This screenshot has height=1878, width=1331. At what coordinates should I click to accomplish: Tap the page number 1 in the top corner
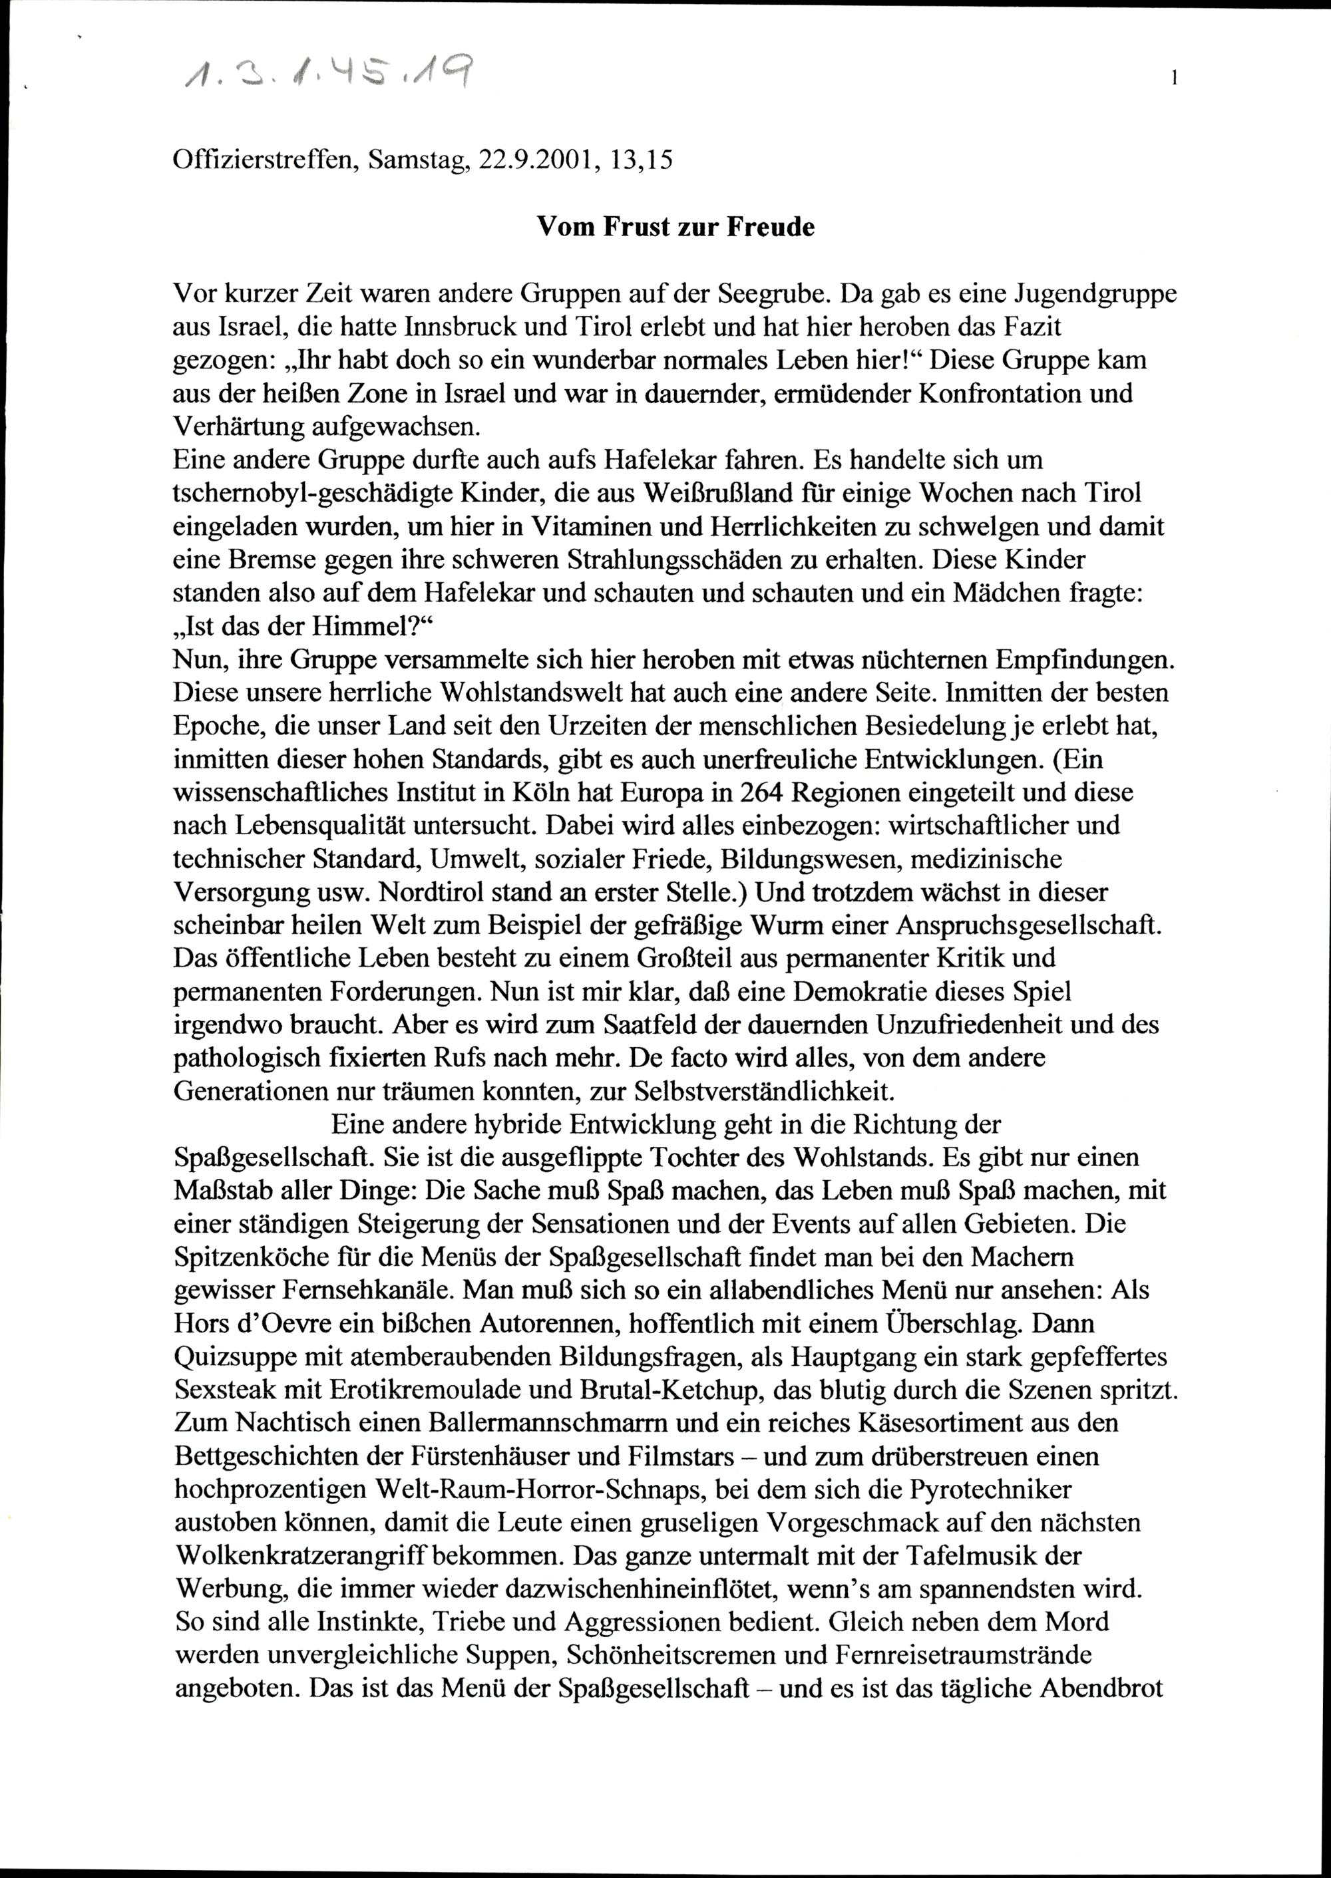[1175, 78]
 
